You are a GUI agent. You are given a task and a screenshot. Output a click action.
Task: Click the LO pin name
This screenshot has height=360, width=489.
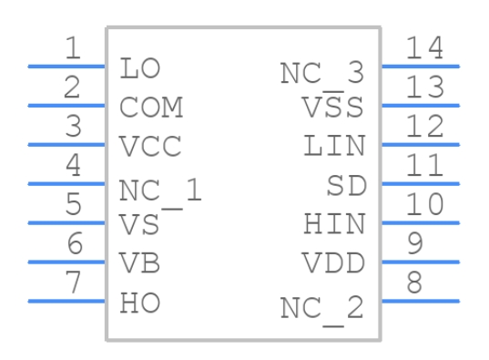139,67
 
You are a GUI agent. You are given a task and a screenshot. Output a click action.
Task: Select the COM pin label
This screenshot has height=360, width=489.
151,108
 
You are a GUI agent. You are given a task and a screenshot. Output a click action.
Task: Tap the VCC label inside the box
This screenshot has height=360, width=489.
151,147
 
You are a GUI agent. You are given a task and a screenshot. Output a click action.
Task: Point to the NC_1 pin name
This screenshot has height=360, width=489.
160,190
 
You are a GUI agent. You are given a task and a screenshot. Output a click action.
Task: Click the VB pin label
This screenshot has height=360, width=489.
140,263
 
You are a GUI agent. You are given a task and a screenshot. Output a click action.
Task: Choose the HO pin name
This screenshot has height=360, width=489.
140,303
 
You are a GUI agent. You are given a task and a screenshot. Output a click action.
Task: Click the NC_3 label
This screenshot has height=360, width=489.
322,73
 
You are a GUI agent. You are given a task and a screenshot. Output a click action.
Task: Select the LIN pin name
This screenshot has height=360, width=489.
334,146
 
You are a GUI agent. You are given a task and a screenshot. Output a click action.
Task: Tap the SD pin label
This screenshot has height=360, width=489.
346,186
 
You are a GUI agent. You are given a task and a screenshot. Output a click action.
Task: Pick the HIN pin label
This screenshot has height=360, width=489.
334,224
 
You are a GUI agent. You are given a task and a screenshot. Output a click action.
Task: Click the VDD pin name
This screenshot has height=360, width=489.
334,263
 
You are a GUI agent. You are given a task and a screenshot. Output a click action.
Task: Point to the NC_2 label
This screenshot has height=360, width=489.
322,308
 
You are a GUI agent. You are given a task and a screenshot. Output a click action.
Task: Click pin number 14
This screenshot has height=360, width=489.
425,48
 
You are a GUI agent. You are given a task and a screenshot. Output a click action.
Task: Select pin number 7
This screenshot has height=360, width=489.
73,283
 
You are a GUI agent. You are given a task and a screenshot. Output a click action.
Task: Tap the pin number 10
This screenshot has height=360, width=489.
425,205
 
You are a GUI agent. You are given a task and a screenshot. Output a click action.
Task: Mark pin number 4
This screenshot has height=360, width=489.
73,166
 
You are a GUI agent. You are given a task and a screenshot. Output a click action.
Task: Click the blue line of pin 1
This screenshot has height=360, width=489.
67,67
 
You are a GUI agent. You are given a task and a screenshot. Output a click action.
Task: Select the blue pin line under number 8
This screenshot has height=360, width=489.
420,301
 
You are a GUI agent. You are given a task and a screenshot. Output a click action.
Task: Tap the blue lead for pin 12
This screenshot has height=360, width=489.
420,144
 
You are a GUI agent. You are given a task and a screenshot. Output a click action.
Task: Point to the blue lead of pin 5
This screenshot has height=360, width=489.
67,222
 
